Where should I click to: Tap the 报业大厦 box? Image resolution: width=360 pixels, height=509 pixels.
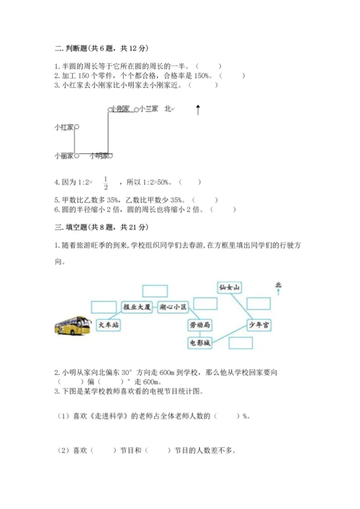pyautogui.click(x=137, y=307)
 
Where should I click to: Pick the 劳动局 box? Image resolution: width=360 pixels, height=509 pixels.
pyautogui.click(x=201, y=325)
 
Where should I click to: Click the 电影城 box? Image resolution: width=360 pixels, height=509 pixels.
pyautogui.click(x=201, y=343)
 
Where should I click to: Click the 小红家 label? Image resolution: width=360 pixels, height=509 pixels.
pyautogui.click(x=64, y=127)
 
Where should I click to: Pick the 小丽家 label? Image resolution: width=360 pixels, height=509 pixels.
pyautogui.click(x=63, y=155)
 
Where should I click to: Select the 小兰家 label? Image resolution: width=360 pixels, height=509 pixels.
pyautogui.click(x=148, y=109)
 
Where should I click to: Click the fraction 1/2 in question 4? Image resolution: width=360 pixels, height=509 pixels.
pyautogui.click(x=106, y=183)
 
